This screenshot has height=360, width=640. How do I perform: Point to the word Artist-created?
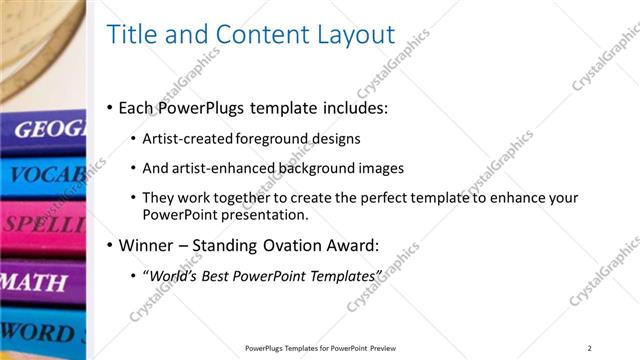(x=188, y=138)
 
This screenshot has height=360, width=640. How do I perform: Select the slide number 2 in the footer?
(x=589, y=347)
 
